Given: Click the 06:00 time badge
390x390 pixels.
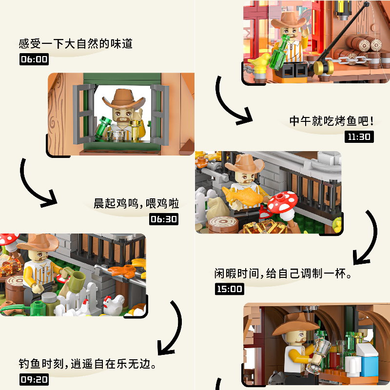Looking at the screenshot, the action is [x=34, y=59].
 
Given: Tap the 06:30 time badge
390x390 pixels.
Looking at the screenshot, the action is [x=164, y=219].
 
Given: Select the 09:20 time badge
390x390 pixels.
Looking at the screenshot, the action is [x=34, y=379].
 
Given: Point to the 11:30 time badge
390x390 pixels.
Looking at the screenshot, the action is [x=359, y=136].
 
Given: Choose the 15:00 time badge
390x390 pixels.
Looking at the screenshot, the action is [x=230, y=289].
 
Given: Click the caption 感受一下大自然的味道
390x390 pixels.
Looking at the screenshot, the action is [x=76, y=44].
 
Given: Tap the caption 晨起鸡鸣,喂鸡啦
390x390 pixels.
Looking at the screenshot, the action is [x=136, y=203].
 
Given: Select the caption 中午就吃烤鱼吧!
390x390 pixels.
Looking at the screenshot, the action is [x=331, y=121].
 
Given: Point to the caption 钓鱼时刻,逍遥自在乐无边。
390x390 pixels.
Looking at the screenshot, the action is [x=87, y=364].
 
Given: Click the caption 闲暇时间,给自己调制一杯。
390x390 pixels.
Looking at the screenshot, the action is [x=283, y=273].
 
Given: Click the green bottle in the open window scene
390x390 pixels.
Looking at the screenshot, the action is [x=103, y=128].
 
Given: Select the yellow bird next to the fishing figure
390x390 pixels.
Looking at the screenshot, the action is [x=259, y=62].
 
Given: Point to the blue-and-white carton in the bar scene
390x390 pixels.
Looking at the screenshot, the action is [x=368, y=358].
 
